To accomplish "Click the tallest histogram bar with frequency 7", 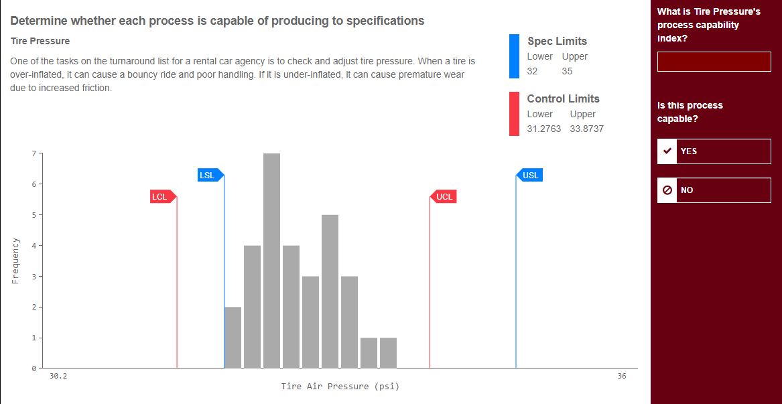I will coord(271,261).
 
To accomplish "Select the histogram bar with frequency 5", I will coord(330,291).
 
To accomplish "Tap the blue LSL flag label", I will coord(208,176).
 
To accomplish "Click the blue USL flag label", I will coord(531,176).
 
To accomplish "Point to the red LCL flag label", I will coord(159,197).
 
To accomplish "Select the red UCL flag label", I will coord(444,197).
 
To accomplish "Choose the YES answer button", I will coord(714,151).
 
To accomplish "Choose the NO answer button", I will coord(714,190).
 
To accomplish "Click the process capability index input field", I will coord(714,62).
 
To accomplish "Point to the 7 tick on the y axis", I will coord(33,153).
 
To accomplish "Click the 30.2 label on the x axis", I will coord(58,377).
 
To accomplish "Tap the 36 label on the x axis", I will coord(622,377).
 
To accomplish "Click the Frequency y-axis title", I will coord(15,261).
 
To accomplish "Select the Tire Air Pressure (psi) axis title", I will coord(340,387).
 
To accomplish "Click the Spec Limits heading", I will coord(557,42).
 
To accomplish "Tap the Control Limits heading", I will coord(563,99).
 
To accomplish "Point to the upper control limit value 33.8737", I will coord(586,129).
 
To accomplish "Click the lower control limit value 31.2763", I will coord(543,129).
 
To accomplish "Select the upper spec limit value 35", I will coord(567,71).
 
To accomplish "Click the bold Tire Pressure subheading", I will coord(40,41).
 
